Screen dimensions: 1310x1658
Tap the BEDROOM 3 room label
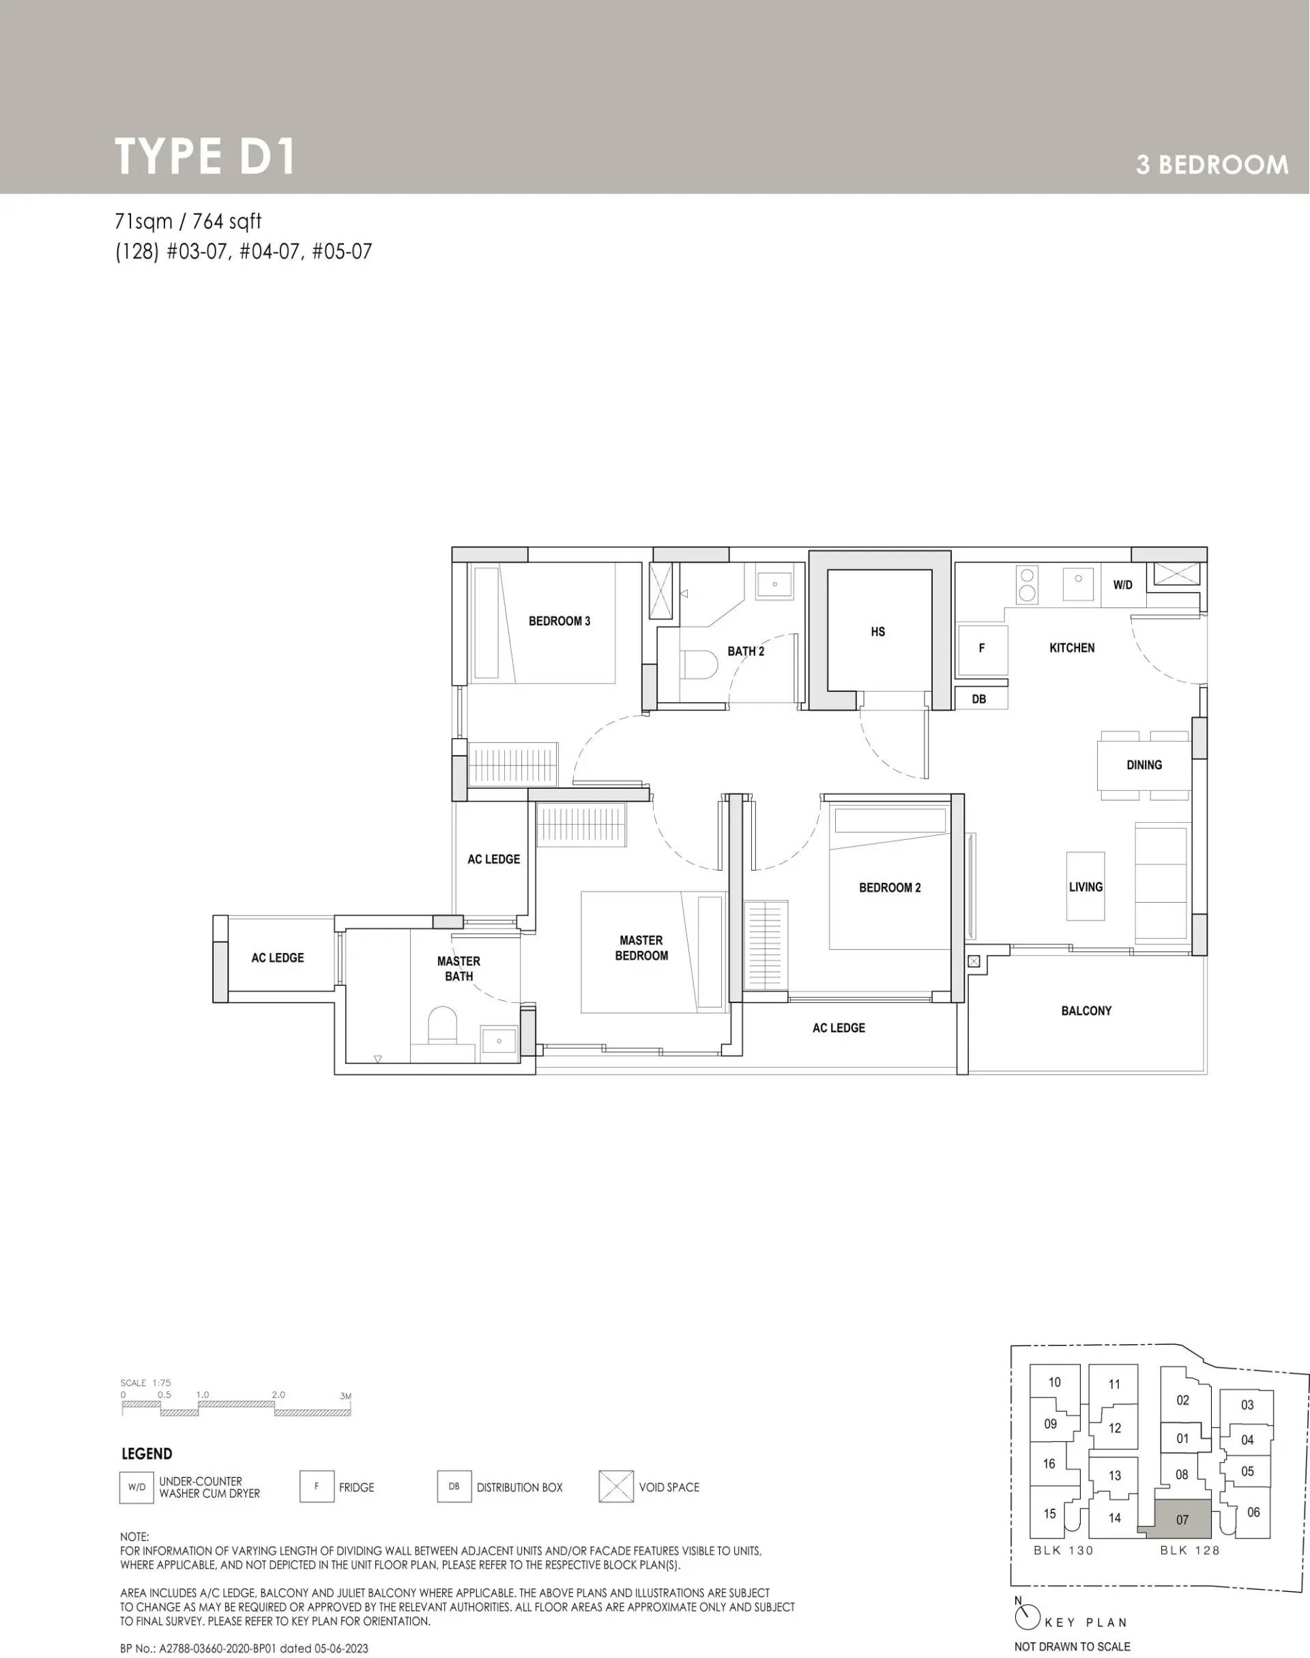point(559,621)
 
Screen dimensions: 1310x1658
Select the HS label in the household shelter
point(877,632)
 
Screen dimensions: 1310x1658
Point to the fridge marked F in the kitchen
point(982,649)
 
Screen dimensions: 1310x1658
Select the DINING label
point(1144,765)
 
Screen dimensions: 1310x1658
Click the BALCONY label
point(1086,1010)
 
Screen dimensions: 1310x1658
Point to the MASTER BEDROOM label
point(641,948)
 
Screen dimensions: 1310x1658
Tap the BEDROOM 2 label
point(890,888)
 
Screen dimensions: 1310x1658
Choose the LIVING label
point(1086,887)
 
